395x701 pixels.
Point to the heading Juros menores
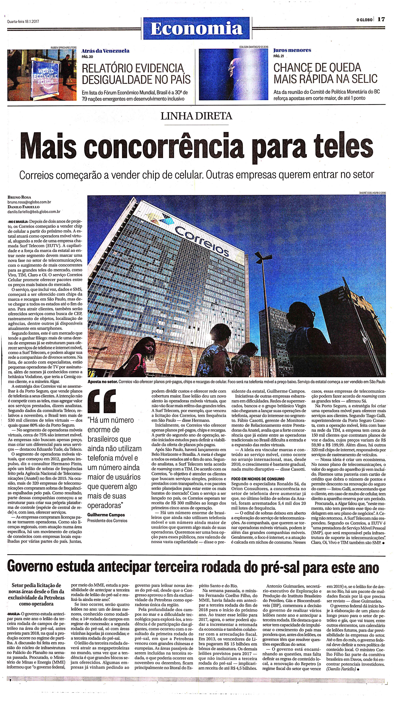[292, 50]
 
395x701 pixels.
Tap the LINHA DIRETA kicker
[196, 116]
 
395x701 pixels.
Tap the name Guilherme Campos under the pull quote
[106, 515]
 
